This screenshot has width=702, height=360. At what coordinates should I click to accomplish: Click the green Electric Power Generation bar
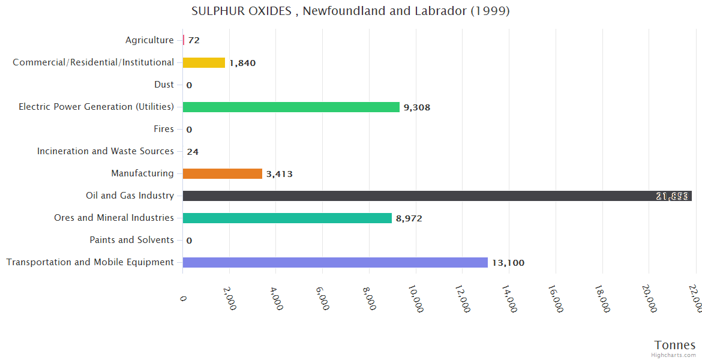(x=291, y=107)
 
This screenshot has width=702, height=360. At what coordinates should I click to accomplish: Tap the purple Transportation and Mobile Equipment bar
(x=335, y=262)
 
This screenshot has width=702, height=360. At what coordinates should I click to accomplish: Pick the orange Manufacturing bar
(x=222, y=173)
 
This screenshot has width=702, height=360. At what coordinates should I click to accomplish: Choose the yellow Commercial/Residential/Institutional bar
(x=204, y=62)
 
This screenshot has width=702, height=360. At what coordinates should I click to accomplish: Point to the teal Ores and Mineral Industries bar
(x=287, y=218)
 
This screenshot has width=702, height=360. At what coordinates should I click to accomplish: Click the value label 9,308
(x=417, y=107)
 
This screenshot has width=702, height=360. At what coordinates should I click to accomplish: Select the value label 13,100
(x=508, y=263)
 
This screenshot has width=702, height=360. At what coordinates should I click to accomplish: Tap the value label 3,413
(x=280, y=174)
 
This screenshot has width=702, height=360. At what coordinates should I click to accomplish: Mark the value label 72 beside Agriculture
(x=194, y=40)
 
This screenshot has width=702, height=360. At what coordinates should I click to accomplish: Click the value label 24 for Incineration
(x=193, y=152)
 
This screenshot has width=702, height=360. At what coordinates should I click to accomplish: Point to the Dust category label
(x=164, y=85)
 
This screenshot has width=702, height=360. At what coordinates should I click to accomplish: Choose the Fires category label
(x=164, y=129)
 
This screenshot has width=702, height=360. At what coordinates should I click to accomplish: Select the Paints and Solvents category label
(x=132, y=240)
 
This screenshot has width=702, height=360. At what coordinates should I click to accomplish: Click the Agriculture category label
(x=149, y=40)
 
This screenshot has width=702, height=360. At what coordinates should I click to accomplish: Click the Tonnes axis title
(x=674, y=345)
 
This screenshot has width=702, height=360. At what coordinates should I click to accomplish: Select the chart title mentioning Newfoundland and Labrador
(x=350, y=11)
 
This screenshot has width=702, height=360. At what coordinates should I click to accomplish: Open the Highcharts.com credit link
(x=674, y=355)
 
